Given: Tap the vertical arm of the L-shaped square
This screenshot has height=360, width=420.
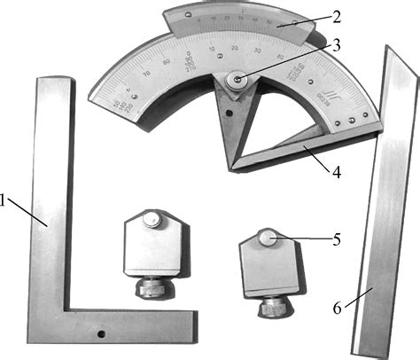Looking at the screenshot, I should pyautogui.click(x=51, y=195).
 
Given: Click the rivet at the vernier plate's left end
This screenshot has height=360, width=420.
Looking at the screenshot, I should pyautogui.click(x=174, y=15).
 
